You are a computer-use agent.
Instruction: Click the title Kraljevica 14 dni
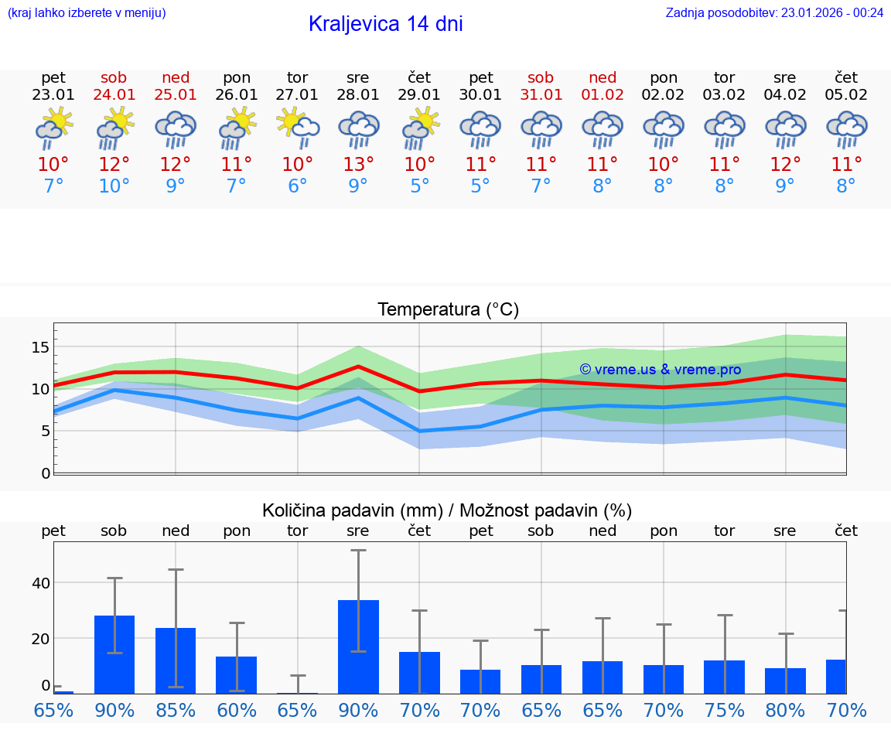(x=385, y=24)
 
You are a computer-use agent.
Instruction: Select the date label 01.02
(x=603, y=95)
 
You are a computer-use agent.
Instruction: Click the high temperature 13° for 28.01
(x=359, y=164)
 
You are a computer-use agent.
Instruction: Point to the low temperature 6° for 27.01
(x=298, y=186)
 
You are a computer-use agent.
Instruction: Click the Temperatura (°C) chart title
(x=448, y=310)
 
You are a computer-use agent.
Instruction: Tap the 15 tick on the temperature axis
(x=39, y=347)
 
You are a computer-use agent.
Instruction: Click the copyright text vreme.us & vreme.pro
(x=660, y=370)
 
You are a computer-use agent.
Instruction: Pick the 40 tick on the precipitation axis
(x=40, y=583)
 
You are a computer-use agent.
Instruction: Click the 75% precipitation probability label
(x=725, y=711)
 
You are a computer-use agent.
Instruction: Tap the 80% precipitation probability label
(x=786, y=711)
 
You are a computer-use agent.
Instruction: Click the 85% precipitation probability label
(x=176, y=711)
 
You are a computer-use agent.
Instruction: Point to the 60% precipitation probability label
(x=237, y=711)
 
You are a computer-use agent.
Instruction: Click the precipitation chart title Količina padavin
(x=447, y=510)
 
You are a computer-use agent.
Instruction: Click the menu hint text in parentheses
(x=87, y=12)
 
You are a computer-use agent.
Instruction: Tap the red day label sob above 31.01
(x=541, y=77)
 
